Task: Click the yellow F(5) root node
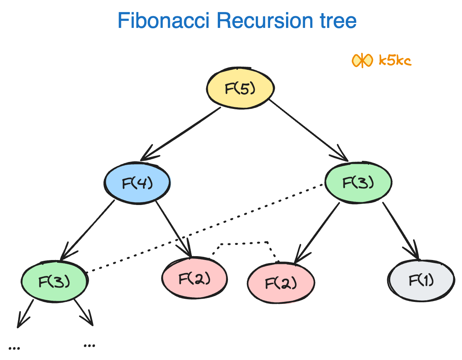click(240, 88)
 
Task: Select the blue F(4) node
click(137, 183)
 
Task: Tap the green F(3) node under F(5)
click(358, 183)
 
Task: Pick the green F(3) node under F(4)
click(55, 281)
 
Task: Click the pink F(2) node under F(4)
click(195, 278)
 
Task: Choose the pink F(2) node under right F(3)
click(281, 282)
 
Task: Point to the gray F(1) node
click(421, 280)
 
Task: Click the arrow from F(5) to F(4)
click(180, 134)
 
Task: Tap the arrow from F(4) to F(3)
click(87, 230)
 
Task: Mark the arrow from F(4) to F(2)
click(174, 229)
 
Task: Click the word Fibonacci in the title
click(164, 21)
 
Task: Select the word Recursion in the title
click(265, 21)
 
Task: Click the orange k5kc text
click(395, 60)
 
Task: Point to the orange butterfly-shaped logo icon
click(362, 61)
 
